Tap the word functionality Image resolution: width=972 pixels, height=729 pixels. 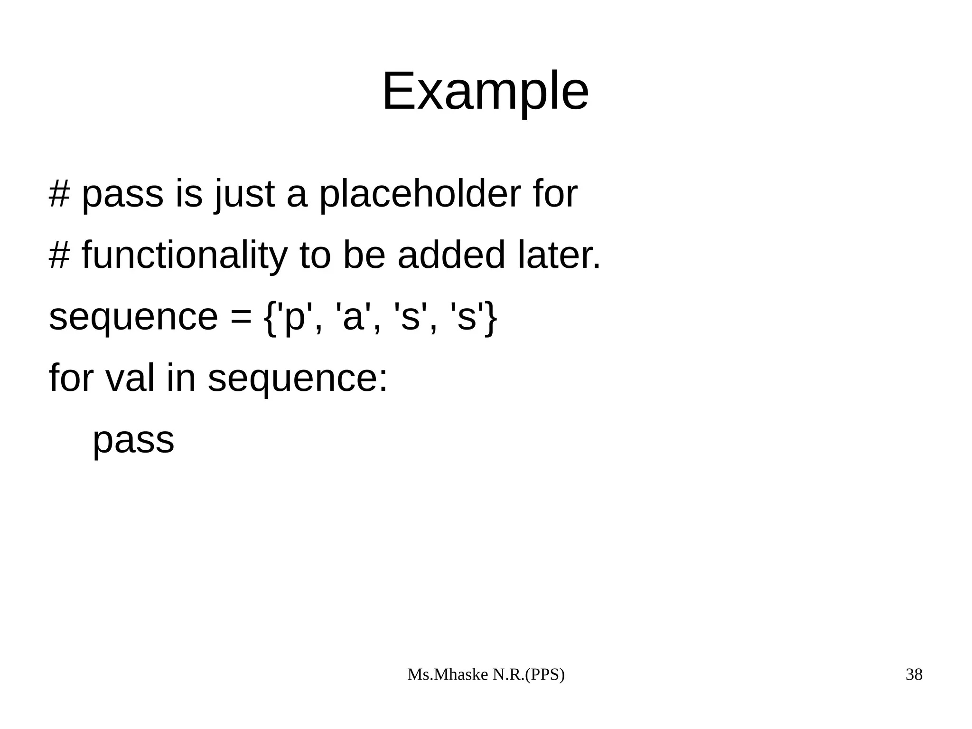pos(185,256)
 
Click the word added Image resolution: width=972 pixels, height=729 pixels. pos(451,256)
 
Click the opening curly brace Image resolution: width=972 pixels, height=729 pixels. pos(270,318)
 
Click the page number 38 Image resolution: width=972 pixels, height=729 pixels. pos(914,675)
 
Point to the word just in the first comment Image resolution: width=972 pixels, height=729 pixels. pos(245,195)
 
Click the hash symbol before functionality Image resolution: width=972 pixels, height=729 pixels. pos(59,256)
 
